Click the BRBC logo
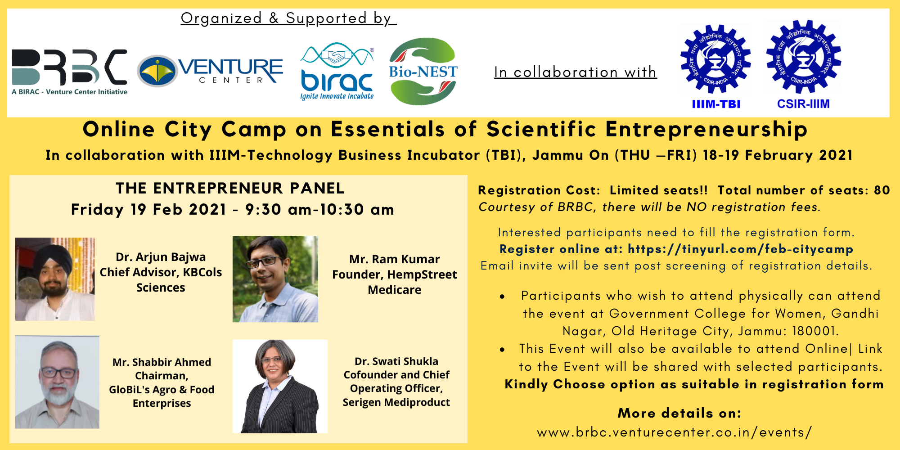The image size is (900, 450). tap(69, 72)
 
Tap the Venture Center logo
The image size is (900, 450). tap(210, 71)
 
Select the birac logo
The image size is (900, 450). tap(337, 71)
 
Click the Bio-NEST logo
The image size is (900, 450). tap(423, 71)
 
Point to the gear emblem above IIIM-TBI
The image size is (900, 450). tap(715, 59)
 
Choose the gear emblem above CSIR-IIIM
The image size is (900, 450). tap(804, 56)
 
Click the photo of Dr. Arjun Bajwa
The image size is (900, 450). tap(55, 279)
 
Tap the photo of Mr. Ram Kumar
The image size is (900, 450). tap(275, 279)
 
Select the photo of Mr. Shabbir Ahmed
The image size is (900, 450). tap(57, 382)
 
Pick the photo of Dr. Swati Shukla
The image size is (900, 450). tap(280, 386)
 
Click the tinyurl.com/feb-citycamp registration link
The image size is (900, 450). tap(740, 249)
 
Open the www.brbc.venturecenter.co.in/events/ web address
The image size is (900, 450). tap(675, 432)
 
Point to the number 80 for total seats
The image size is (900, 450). tap(882, 190)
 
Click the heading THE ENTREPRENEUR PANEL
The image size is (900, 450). tap(230, 188)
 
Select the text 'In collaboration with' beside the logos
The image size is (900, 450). tap(576, 72)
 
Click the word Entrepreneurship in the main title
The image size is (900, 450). tap(706, 130)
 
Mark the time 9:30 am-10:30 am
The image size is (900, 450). tap(319, 209)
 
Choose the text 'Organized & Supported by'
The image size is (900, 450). tap(288, 18)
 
